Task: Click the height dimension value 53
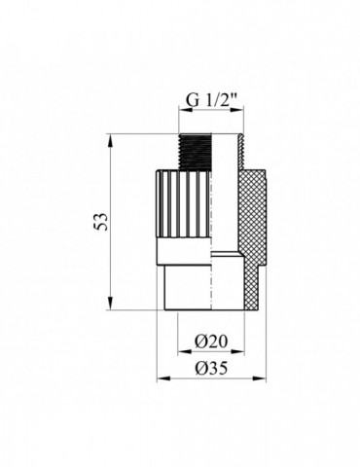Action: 102,222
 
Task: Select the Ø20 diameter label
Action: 211,341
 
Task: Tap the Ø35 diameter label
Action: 211,369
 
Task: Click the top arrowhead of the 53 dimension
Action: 111,139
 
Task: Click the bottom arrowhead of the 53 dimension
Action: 111,304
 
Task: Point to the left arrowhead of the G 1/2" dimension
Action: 186,110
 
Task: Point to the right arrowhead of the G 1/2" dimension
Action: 236,110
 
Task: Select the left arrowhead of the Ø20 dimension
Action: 184,351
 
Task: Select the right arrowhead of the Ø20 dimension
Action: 237,351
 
